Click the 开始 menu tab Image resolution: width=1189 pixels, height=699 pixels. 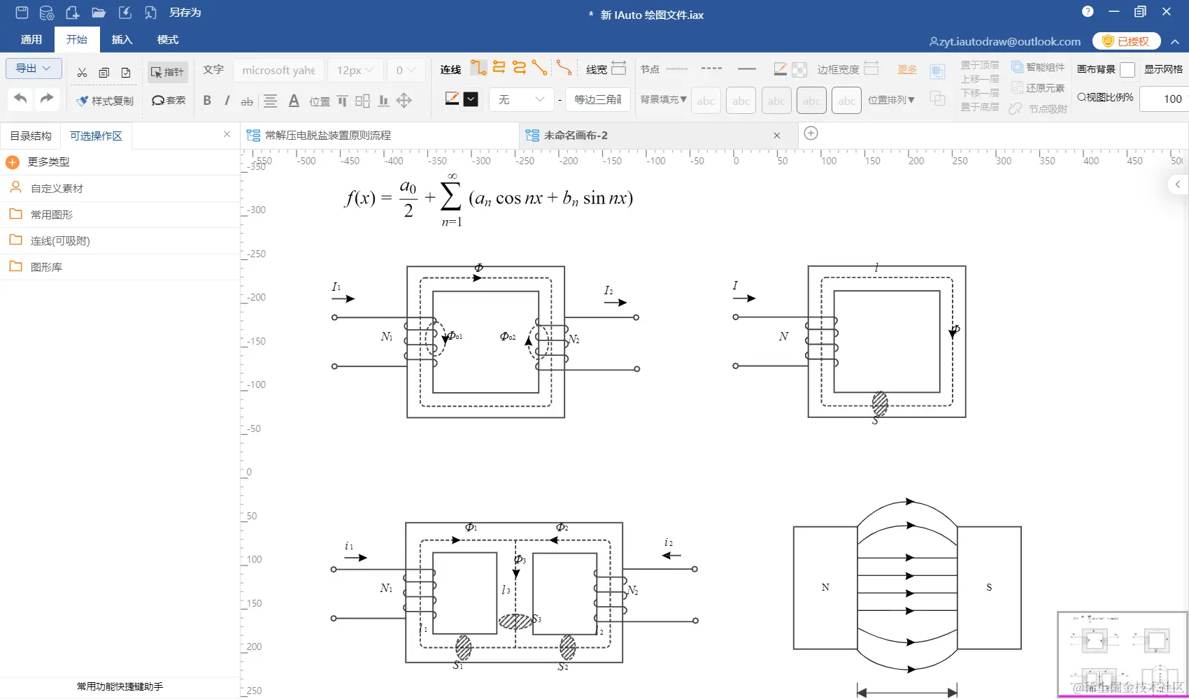(77, 40)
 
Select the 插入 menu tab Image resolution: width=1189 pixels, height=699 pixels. (122, 40)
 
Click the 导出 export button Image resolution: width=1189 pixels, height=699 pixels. (34, 69)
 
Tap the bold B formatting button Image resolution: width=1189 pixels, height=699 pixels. (207, 101)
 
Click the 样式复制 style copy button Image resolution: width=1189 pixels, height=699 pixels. (106, 101)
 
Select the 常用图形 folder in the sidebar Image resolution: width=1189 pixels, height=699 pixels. (51, 215)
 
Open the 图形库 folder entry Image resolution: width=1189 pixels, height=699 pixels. (46, 267)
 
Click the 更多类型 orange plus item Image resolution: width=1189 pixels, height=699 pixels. (48, 162)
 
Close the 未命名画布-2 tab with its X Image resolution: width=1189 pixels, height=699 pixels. (776, 136)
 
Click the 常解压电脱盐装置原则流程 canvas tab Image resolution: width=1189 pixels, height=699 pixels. (327, 136)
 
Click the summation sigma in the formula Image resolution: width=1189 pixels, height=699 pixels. (451, 197)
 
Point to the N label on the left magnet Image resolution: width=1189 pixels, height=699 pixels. (825, 587)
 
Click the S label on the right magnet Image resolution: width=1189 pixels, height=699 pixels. (989, 587)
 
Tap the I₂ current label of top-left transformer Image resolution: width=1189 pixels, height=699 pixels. (608, 291)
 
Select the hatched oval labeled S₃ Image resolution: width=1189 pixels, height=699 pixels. (515, 621)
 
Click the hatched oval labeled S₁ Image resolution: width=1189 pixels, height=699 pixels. (463, 647)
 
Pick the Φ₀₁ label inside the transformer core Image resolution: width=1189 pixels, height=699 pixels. (455, 336)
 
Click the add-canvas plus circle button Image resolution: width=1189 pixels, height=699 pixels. (811, 134)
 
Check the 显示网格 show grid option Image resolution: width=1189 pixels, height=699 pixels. (1162, 69)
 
